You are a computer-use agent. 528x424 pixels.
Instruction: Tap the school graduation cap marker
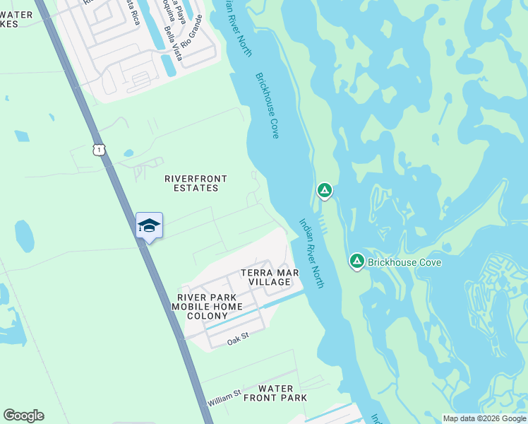click(x=149, y=225)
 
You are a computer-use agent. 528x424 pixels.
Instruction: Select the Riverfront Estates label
click(x=191, y=184)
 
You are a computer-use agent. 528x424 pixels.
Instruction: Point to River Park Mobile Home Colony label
click(x=207, y=307)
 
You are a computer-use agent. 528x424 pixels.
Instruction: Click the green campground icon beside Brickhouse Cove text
click(x=357, y=262)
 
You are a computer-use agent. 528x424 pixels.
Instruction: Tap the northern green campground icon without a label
click(x=324, y=190)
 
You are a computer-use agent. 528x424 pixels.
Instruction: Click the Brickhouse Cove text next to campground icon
click(x=404, y=263)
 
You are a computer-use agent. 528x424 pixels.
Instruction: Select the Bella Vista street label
click(x=173, y=44)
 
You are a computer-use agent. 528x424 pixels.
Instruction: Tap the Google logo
click(x=23, y=416)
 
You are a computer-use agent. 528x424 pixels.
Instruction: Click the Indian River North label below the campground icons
click(x=311, y=252)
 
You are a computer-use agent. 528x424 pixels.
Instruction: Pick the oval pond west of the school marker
click(x=24, y=237)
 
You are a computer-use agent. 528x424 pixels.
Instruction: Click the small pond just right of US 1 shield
click(x=128, y=153)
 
